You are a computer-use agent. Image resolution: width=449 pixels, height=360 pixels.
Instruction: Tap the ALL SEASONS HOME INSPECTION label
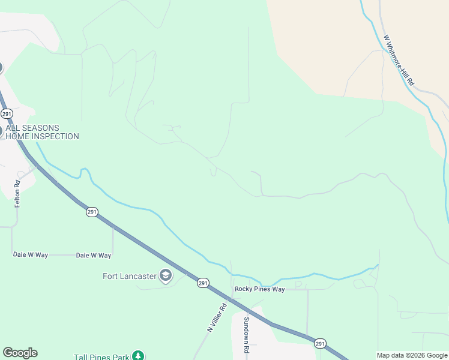(x=42, y=132)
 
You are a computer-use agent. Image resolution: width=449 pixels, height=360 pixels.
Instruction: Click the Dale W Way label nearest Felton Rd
(x=31, y=255)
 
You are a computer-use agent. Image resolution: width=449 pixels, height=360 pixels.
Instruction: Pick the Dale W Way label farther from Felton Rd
(x=94, y=256)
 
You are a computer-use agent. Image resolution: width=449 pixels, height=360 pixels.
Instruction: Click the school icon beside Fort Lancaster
(x=166, y=276)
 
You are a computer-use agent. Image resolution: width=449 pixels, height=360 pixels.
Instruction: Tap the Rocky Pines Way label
(x=259, y=289)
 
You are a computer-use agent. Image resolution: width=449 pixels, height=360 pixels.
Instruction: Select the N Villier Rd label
(x=217, y=317)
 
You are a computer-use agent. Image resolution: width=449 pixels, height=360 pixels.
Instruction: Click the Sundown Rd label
(x=246, y=334)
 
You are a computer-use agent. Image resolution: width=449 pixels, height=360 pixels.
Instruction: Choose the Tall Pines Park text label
(x=101, y=357)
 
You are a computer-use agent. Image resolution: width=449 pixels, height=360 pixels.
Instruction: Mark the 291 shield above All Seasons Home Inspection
(x=7, y=113)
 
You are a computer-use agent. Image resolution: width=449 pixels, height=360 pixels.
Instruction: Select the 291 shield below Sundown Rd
(x=320, y=344)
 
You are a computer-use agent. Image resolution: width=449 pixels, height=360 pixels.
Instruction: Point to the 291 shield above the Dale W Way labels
(x=91, y=212)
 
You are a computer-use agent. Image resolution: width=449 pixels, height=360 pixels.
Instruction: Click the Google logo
(x=20, y=353)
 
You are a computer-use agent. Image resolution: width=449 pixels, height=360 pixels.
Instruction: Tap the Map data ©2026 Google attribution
(x=412, y=356)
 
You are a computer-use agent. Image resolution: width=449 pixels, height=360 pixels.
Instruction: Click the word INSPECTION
(x=56, y=136)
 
